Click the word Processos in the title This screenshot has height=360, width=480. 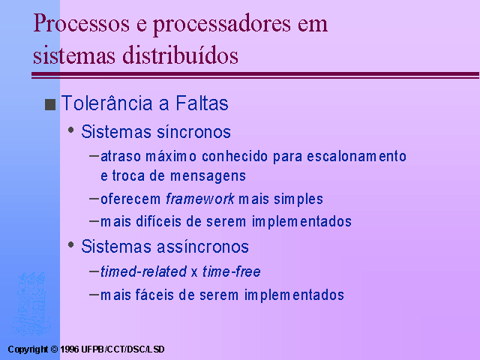coord(82,24)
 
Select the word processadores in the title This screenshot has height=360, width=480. coord(222,25)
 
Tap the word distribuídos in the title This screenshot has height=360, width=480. coord(180,55)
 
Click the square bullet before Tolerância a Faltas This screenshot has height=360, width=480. coord(50,104)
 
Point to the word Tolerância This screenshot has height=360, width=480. coord(106,103)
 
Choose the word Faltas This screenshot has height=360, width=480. coord(202,103)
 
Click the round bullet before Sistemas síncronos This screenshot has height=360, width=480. coord(71,130)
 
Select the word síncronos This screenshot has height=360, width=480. coord(193,132)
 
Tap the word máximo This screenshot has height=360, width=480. coord(171,156)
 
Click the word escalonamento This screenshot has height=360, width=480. coord(357,156)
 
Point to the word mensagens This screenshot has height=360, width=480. coord(208,176)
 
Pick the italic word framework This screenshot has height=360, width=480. coord(200,199)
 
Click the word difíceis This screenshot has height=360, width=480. coord(158,221)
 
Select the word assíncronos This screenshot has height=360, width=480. coord(202,247)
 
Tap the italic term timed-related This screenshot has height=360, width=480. coord(143,271)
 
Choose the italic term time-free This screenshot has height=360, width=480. coord(232,271)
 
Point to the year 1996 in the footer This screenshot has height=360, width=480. coord(70,349)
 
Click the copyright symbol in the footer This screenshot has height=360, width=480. coord(54,349)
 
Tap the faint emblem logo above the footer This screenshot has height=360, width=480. coord(31,304)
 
